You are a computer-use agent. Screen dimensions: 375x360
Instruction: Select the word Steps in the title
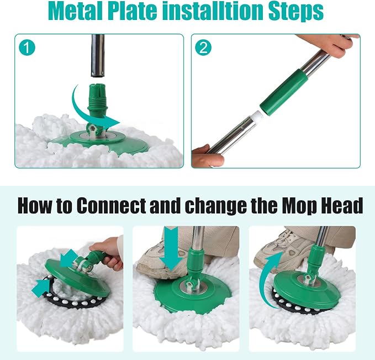(x=296, y=12)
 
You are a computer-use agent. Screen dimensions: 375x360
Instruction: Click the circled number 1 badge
(x=27, y=48)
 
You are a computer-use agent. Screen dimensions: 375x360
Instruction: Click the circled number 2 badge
(x=203, y=48)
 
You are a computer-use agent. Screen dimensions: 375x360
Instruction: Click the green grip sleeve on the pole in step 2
(x=284, y=90)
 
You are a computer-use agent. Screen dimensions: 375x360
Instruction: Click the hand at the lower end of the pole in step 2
(x=207, y=156)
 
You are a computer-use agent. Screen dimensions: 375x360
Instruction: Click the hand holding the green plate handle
(x=109, y=253)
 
